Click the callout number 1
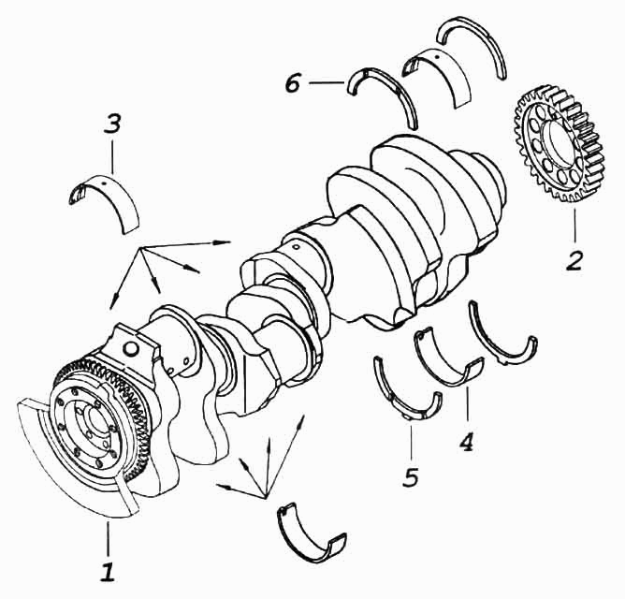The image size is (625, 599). [108, 572]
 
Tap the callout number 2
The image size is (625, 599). [574, 260]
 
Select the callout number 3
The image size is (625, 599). [112, 124]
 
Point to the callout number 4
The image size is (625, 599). [466, 441]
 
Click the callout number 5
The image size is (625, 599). [411, 476]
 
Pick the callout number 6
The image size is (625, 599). [293, 83]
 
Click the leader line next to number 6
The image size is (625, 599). [327, 83]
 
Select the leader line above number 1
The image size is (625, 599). [108, 538]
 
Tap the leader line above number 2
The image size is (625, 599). [575, 226]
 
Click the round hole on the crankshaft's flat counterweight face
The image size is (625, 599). [131, 348]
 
